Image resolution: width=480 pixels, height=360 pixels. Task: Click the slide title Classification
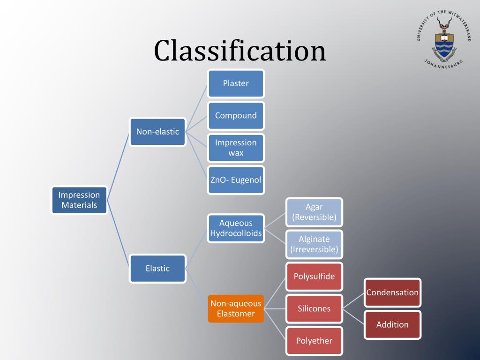pyautogui.click(x=240, y=51)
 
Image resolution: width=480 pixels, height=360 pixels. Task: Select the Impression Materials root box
pyautogui.click(x=79, y=200)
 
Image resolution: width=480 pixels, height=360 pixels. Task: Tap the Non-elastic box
pyautogui.click(x=157, y=132)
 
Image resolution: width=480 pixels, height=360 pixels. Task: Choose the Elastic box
pyautogui.click(x=157, y=269)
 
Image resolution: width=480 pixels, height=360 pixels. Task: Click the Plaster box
pyautogui.click(x=236, y=83)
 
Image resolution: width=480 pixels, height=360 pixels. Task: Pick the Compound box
pyautogui.click(x=236, y=115)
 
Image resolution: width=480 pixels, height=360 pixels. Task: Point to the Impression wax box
pyautogui.click(x=236, y=148)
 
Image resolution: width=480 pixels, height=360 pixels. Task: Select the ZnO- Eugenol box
pyautogui.click(x=236, y=180)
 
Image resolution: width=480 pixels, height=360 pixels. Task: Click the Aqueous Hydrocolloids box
pyautogui.click(x=236, y=228)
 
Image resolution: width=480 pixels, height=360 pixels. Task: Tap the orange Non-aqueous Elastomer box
pyautogui.click(x=236, y=308)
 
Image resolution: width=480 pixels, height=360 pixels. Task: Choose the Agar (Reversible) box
pyautogui.click(x=314, y=212)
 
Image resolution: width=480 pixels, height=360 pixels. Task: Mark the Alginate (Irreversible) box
pyautogui.click(x=314, y=244)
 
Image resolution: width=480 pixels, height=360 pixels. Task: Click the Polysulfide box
pyautogui.click(x=314, y=276)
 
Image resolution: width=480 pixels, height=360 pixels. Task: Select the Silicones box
pyautogui.click(x=314, y=308)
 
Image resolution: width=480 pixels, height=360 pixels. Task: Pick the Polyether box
pyautogui.click(x=314, y=341)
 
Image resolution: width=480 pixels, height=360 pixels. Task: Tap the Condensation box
pyautogui.click(x=392, y=292)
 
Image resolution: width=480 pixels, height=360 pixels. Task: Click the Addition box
pyautogui.click(x=392, y=324)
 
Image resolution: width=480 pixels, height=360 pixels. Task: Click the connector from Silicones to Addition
pyautogui.click(x=354, y=316)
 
